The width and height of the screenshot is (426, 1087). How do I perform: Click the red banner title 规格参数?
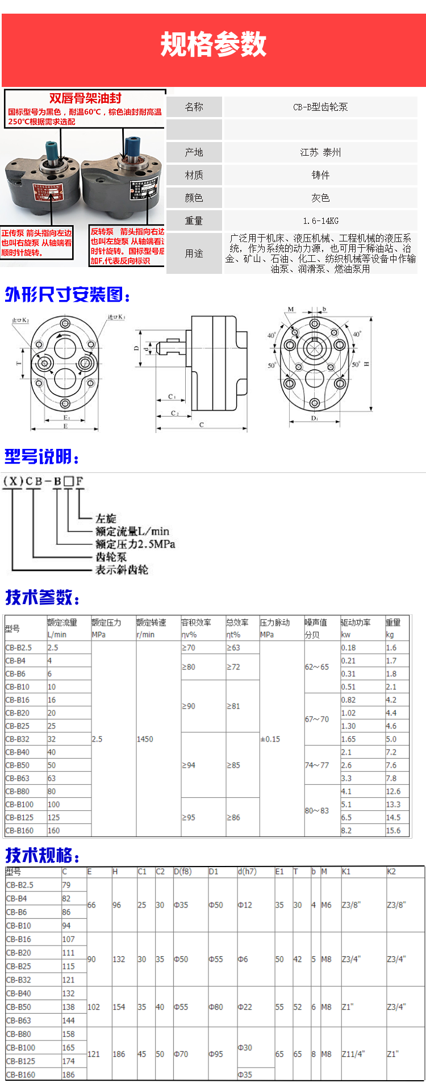(x=213, y=44)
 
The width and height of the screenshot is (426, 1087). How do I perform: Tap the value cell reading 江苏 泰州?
(x=320, y=152)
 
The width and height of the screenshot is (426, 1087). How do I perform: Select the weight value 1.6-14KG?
(x=320, y=220)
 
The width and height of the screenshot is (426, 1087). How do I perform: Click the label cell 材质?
(x=194, y=175)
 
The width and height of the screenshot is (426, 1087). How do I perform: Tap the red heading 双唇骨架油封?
(x=85, y=98)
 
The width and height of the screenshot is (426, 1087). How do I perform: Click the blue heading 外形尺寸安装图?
(x=68, y=295)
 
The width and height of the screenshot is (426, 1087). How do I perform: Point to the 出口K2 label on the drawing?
(x=20, y=321)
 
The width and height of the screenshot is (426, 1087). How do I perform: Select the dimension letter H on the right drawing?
(x=366, y=364)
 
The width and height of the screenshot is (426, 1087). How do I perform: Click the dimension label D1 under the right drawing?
(x=315, y=418)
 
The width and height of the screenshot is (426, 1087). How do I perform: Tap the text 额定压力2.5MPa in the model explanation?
(x=135, y=544)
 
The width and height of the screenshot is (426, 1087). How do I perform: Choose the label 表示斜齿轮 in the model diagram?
(x=122, y=569)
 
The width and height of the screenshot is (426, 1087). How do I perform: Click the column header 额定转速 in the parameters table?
(x=151, y=623)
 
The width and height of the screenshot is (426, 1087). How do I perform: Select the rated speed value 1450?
(x=145, y=739)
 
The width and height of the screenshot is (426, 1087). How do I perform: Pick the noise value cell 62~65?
(x=317, y=667)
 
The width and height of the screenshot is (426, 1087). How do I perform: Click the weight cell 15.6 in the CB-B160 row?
(x=393, y=830)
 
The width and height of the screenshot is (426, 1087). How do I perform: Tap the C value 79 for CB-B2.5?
(x=66, y=885)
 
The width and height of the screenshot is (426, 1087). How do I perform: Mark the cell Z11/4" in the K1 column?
(x=353, y=1054)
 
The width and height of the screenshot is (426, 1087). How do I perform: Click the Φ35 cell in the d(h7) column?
(x=245, y=1074)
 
